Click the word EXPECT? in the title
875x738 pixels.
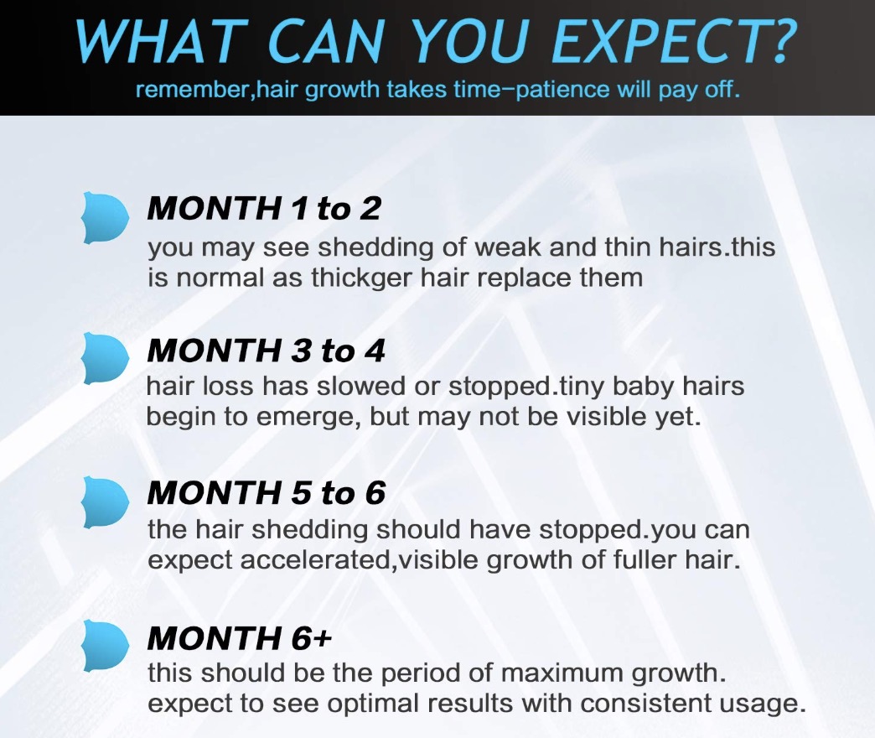674,41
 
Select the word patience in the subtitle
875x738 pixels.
562,90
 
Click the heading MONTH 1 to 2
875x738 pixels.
264,208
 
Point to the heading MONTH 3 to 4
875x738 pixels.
266,351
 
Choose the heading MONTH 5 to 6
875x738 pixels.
267,493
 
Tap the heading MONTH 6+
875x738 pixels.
240,637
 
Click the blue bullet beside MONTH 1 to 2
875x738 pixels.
105,217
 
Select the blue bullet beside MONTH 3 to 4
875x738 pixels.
105,358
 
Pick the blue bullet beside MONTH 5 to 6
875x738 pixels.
105,502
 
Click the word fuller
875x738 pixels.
645,560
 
